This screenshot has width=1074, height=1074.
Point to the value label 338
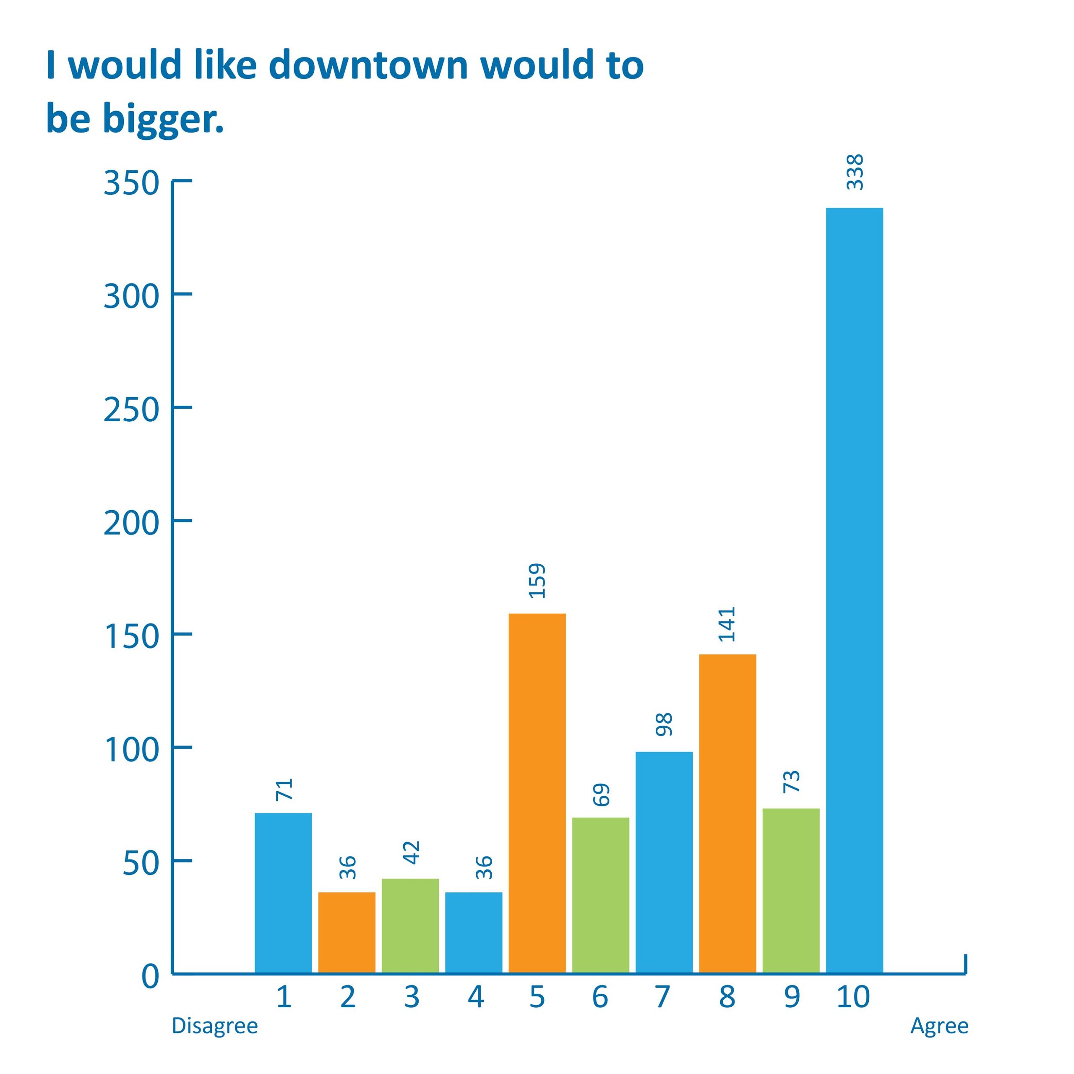(855, 172)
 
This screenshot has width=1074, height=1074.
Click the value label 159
(537, 581)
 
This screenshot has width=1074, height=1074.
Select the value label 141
(727, 624)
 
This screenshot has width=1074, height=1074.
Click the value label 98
(664, 725)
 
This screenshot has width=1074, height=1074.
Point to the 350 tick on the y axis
(132, 183)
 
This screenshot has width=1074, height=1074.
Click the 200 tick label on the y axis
(132, 523)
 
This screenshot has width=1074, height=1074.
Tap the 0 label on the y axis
(151, 977)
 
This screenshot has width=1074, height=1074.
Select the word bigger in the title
(163, 120)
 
